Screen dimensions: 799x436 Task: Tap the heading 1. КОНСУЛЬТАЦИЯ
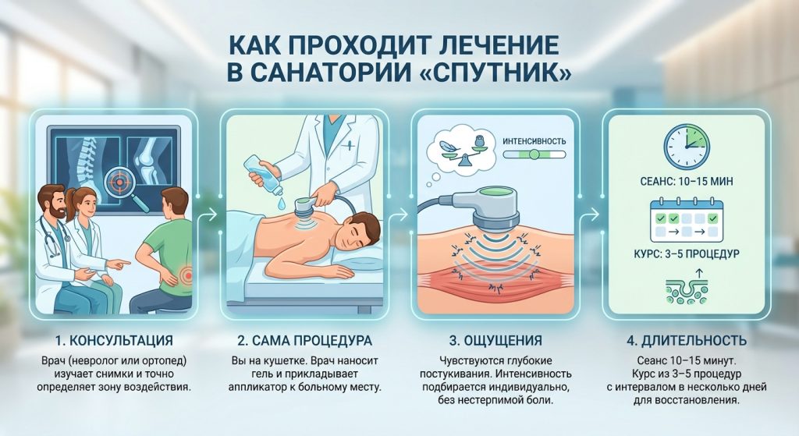[x=114, y=340]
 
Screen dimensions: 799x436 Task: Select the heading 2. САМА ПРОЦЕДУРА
[x=305, y=340]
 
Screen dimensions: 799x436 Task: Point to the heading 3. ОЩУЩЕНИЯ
[x=495, y=340]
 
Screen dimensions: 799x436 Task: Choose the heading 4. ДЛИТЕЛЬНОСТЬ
[x=687, y=340]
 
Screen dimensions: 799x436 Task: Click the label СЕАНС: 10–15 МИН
[x=687, y=181]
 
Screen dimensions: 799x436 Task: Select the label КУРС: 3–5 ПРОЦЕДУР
[x=687, y=253]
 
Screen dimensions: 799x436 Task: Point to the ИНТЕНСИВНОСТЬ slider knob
[x=534, y=154]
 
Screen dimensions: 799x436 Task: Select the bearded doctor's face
[x=52, y=202]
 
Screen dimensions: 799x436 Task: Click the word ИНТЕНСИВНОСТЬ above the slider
[x=534, y=141]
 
